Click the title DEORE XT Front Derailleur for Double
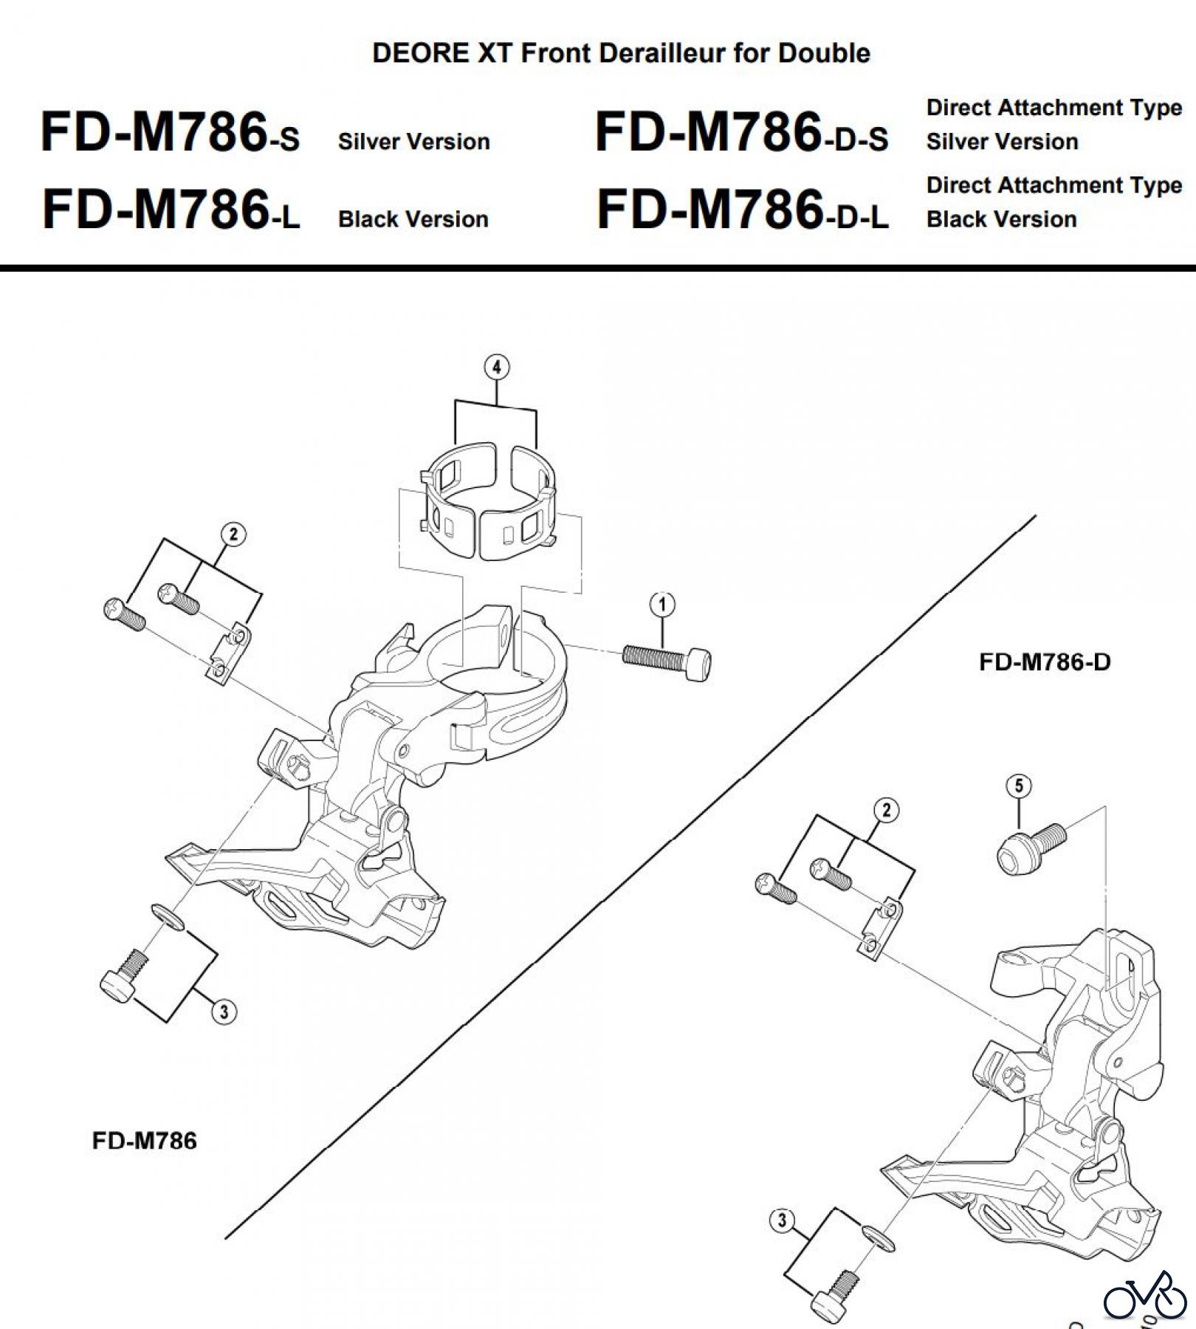click(x=621, y=53)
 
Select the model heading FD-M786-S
click(x=170, y=134)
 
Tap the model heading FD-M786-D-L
click(x=742, y=210)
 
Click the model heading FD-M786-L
click(x=171, y=210)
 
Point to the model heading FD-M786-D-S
click(x=741, y=134)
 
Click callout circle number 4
click(x=496, y=367)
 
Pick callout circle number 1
click(x=662, y=605)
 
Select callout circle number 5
click(x=1019, y=786)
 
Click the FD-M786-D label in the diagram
click(x=1044, y=662)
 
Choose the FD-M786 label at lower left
click(x=144, y=1141)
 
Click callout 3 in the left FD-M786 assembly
click(x=224, y=1011)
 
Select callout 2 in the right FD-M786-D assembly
click(x=886, y=810)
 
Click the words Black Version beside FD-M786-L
click(x=413, y=219)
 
